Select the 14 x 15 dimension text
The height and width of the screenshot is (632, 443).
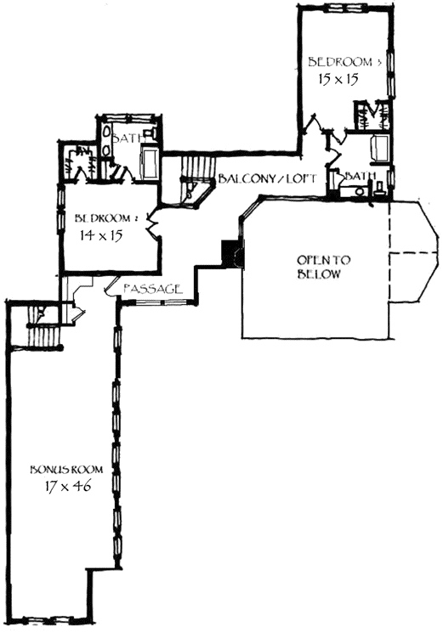coord(99,235)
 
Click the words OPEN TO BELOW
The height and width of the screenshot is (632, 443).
coord(319,267)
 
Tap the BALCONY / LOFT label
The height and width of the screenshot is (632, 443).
coord(267,180)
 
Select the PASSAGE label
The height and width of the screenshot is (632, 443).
coord(152,290)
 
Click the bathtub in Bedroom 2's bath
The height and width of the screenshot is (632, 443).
coord(150,161)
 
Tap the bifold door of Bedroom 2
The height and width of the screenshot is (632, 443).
coord(152,225)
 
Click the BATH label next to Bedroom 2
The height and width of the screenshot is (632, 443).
coord(127,138)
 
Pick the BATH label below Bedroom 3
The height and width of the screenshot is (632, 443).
coord(361,176)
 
